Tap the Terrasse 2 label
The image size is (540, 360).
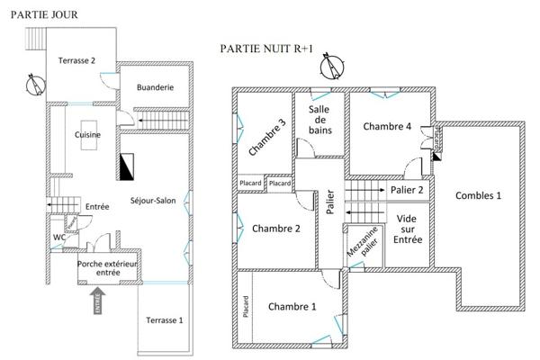tap(77, 60)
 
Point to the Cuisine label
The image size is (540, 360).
tap(88, 135)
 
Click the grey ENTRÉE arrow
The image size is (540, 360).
tap(97, 299)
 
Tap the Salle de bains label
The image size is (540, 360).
tap(319, 120)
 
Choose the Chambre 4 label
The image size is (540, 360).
tap(387, 127)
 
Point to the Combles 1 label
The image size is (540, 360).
tap(479, 195)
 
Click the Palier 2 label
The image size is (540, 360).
tap(407, 190)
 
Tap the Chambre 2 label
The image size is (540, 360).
tap(277, 228)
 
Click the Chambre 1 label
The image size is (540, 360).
tap(292, 307)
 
